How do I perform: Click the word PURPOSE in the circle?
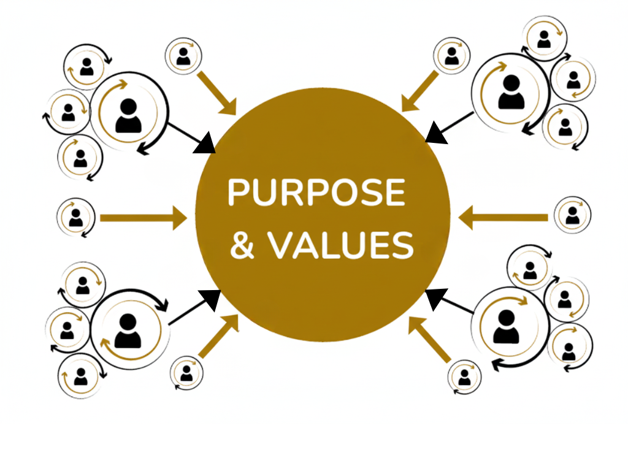pyautogui.click(x=316, y=193)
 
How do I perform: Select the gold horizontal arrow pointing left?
pyautogui.click(x=503, y=218)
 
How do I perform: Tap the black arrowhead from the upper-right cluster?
pyautogui.click(x=436, y=132)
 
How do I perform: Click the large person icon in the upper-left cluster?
pyautogui.click(x=128, y=116)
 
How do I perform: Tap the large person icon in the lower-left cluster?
pyautogui.click(x=128, y=331)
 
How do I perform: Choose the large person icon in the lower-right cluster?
pyautogui.click(x=506, y=327)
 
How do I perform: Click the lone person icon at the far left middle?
pyautogui.click(x=75, y=217)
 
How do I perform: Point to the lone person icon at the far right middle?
pyautogui.click(x=572, y=215)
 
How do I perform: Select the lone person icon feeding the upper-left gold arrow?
pyautogui.click(x=183, y=56)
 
